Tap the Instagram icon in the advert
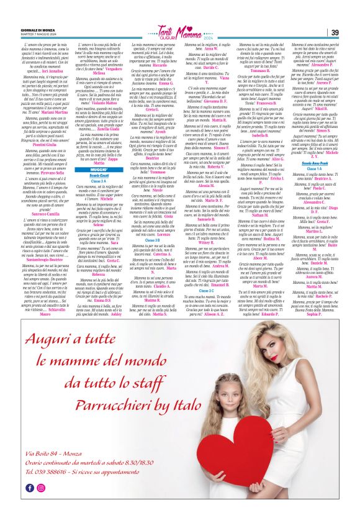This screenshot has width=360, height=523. pos(41,505)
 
